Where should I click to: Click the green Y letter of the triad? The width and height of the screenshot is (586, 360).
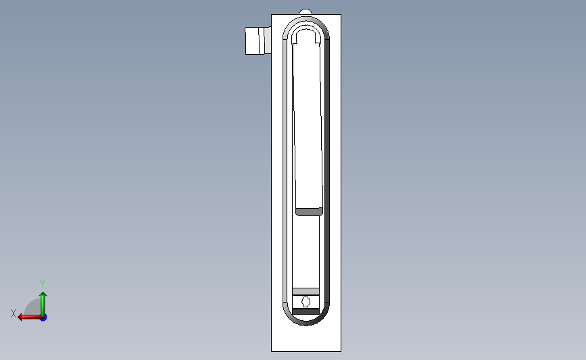coord(43,284)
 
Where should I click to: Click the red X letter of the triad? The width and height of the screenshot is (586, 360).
coord(14,313)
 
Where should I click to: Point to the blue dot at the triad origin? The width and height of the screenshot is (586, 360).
coord(43,317)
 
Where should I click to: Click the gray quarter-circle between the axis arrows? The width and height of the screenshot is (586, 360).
coord(33,308)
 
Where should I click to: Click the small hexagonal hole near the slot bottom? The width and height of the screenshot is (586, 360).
coord(306,301)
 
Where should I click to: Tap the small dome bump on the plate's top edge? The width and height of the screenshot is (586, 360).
coord(306,11)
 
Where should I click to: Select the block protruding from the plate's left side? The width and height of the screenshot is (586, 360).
coord(255,41)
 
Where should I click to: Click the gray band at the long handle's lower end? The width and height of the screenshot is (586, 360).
coord(309,212)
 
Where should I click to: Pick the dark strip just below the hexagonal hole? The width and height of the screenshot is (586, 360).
coord(306,311)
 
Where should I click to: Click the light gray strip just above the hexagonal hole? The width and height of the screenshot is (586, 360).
coord(306,291)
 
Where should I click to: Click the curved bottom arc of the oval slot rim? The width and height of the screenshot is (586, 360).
coord(306,322)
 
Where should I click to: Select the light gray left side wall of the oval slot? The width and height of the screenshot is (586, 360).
coord(287,169)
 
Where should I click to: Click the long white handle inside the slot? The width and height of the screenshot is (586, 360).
coord(308,122)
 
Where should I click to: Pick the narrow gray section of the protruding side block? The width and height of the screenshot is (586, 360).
coord(267,41)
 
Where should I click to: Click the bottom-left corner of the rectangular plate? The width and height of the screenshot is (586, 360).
coord(272,351)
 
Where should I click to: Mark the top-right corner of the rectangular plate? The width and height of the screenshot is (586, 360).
coord(340,15)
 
